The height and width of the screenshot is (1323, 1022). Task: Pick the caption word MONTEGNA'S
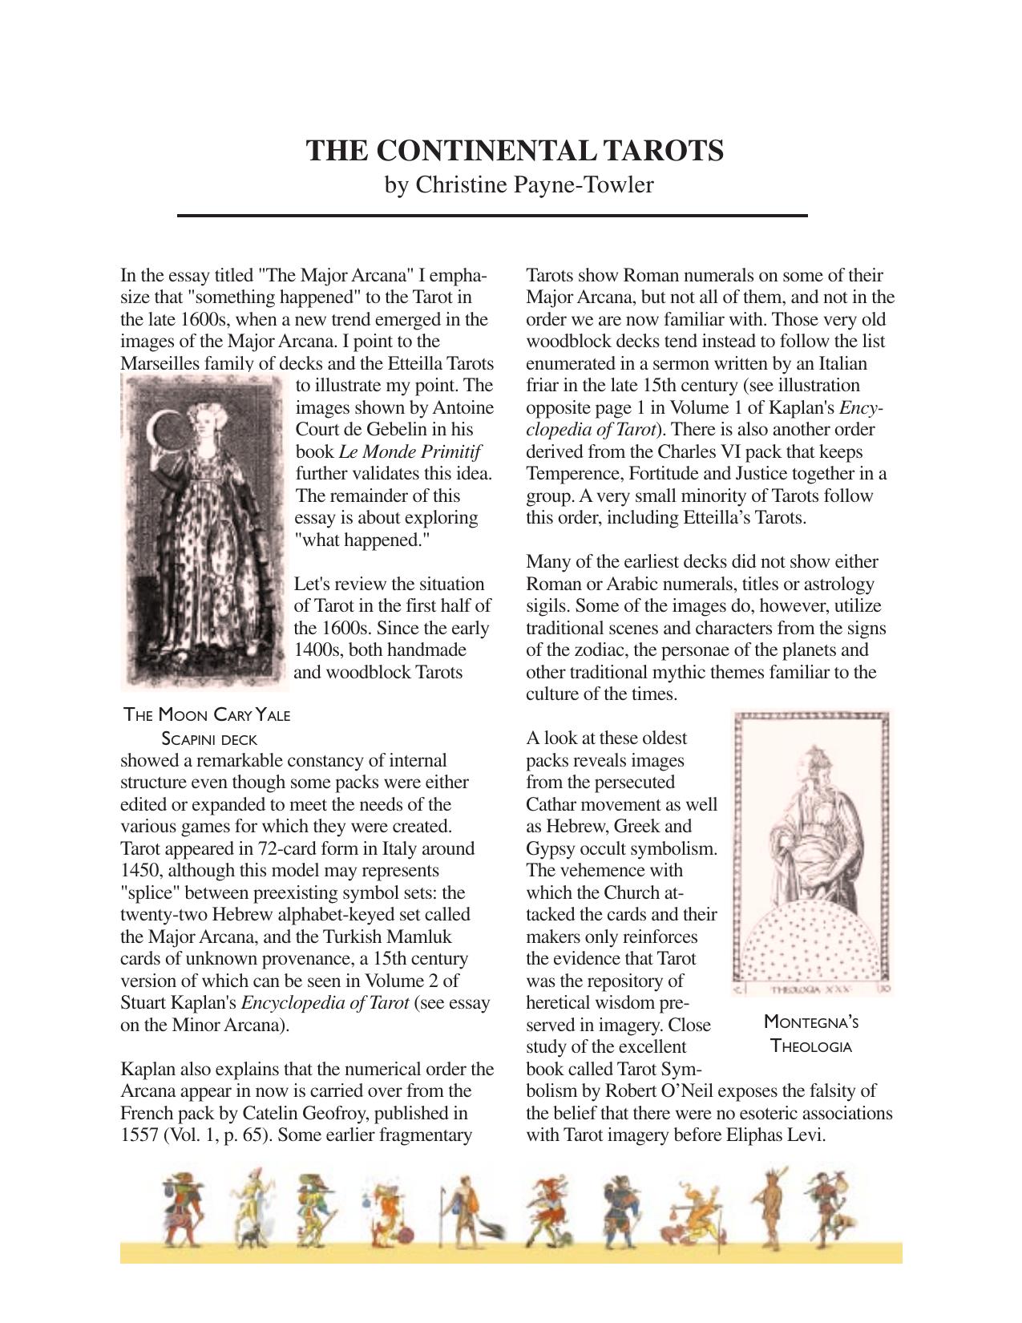click(810, 1022)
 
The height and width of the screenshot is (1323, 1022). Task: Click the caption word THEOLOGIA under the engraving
click(810, 1046)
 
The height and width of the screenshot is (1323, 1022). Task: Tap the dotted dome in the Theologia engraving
click(811, 942)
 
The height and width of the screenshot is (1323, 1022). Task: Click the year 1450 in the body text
click(139, 871)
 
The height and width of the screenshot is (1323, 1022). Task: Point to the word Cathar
click(552, 805)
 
